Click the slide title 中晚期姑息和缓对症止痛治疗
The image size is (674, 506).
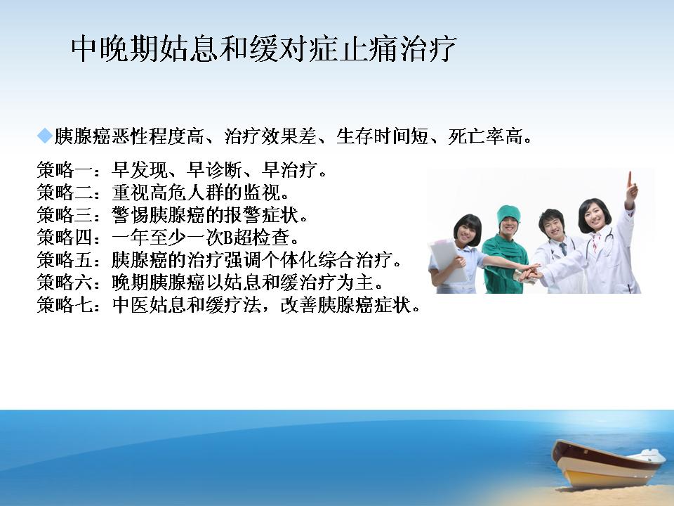click(x=263, y=48)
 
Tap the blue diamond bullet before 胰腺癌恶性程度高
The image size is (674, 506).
click(x=45, y=136)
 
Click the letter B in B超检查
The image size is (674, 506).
click(x=228, y=238)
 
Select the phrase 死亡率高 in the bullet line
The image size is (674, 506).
click(x=485, y=136)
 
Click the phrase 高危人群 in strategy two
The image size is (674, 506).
click(x=187, y=193)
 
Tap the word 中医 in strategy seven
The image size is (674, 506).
click(x=131, y=304)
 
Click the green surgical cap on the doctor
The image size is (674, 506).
click(x=508, y=215)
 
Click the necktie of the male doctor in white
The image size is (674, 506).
click(x=563, y=249)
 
